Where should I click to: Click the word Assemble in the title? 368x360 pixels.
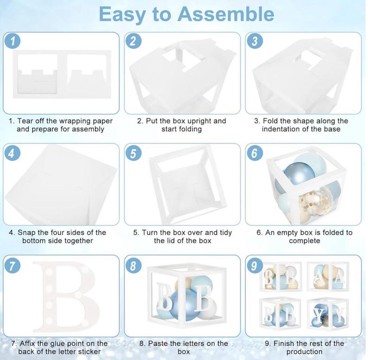[226, 14]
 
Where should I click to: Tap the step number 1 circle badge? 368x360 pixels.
[13, 41]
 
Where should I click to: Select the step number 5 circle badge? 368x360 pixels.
[133, 154]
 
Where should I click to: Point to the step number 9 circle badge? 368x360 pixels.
[254, 266]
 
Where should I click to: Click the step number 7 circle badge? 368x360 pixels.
[13, 266]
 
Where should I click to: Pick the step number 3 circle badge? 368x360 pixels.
[254, 41]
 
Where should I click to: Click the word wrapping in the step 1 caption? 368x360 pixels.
[75, 121]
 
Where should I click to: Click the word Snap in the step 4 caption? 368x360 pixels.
[26, 233]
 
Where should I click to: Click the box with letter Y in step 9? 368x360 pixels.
[328, 314]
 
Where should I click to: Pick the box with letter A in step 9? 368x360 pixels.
[328, 277]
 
